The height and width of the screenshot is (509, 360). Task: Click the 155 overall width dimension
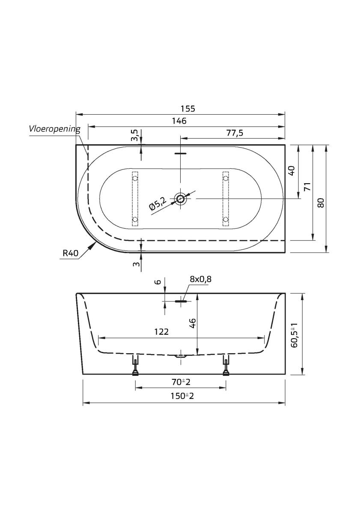(x=187, y=109)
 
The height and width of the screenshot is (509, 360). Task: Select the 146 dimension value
(x=179, y=121)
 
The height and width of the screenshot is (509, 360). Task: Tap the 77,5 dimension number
(x=234, y=133)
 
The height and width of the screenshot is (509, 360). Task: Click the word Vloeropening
(x=54, y=128)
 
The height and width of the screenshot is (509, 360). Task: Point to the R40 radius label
(x=70, y=253)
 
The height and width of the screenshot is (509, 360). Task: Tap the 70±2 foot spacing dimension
(x=180, y=381)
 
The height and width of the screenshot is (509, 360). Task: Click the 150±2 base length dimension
(x=182, y=396)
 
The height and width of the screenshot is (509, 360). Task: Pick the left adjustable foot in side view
(x=136, y=366)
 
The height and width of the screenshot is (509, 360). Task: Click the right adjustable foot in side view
(x=226, y=366)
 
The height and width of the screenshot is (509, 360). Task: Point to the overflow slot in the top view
(x=180, y=152)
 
